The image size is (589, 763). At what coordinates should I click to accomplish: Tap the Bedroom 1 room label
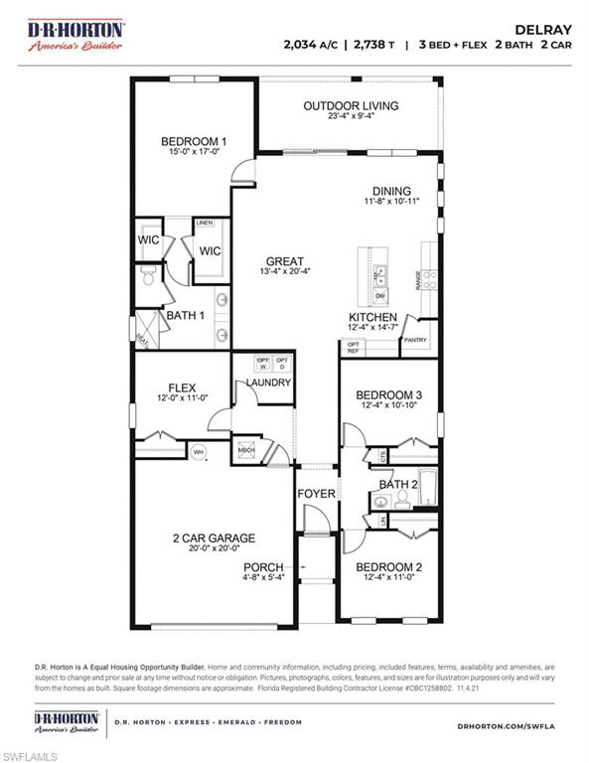[x=194, y=142]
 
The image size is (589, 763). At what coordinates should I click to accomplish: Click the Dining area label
[x=391, y=191]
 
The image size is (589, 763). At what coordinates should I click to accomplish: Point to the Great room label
[x=283, y=261]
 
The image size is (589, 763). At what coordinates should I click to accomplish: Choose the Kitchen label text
[x=372, y=317]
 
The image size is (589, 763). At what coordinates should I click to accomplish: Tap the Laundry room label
[x=268, y=382]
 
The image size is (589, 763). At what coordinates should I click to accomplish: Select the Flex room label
[x=181, y=387]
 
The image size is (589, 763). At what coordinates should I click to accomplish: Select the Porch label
[x=263, y=567]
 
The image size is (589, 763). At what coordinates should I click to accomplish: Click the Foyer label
[x=317, y=494]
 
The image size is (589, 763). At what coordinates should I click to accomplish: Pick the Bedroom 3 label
[x=388, y=394]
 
